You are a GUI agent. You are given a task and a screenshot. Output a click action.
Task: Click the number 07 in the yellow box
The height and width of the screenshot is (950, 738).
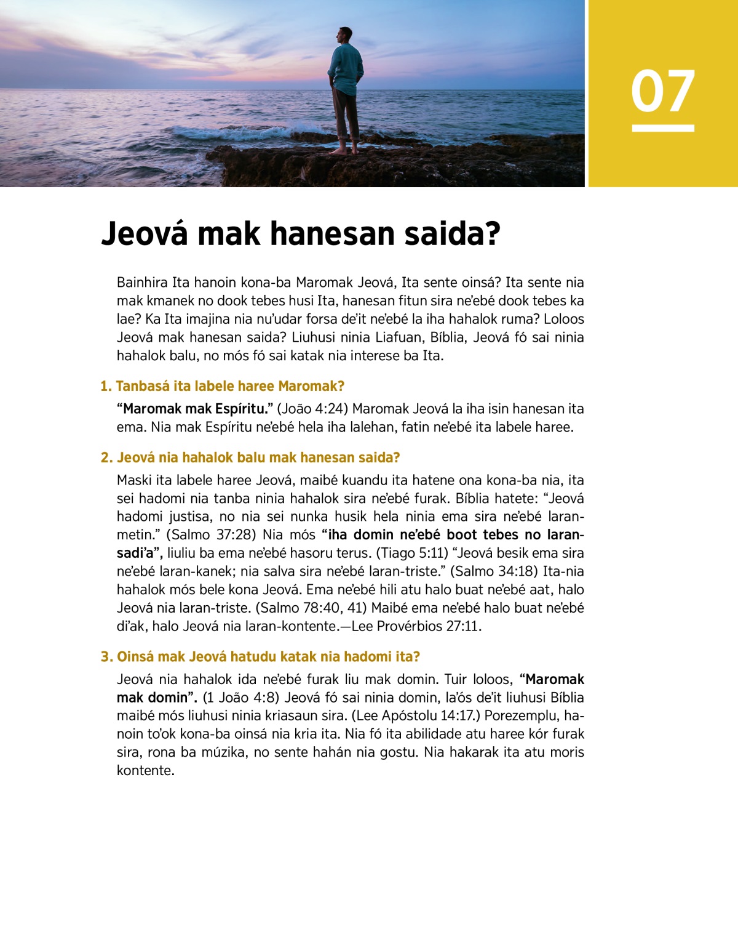(662, 91)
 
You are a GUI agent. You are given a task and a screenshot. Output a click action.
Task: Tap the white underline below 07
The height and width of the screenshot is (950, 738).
(663, 128)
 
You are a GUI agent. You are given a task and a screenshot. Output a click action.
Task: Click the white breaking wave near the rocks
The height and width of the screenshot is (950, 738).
(246, 132)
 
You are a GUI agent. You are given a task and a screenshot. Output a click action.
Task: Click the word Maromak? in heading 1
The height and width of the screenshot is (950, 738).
(311, 386)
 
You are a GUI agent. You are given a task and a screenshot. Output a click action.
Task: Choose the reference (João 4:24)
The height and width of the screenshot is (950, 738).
(312, 409)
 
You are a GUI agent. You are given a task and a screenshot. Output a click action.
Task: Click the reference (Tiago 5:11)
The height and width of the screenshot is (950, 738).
(411, 553)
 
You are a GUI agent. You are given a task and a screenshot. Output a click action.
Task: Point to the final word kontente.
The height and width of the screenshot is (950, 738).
(146, 770)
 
